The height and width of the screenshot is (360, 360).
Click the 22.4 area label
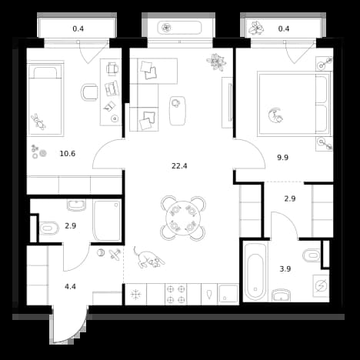pyautogui.click(x=179, y=166)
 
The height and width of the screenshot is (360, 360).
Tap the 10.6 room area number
pyautogui.click(x=68, y=154)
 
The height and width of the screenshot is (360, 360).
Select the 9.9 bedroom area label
pyautogui.click(x=282, y=158)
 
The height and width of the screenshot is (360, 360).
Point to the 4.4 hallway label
pyautogui.click(x=70, y=286)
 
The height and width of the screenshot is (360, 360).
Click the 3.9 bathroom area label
pyautogui.click(x=285, y=269)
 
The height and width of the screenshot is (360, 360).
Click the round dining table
pyautogui.click(x=182, y=218)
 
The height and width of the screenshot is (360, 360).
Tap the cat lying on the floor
pyautogui.click(x=148, y=258)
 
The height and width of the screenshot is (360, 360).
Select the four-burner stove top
pyautogui.click(x=176, y=294)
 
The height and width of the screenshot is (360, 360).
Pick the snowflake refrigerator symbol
pyautogui.click(x=135, y=295)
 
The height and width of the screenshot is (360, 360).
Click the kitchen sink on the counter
pyautogui.click(x=228, y=293)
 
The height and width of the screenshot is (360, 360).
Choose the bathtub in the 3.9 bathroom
pyautogui.click(x=255, y=272)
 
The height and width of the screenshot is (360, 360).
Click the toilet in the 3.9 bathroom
pyautogui.click(x=312, y=255)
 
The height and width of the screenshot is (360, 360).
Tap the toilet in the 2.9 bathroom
pyautogui.click(x=49, y=228)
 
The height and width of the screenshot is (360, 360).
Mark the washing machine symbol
pyautogui.click(x=321, y=285)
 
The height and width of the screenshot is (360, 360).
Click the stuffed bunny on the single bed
pyautogui.click(x=38, y=122)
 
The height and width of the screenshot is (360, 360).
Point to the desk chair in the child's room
pyautogui.click(x=89, y=92)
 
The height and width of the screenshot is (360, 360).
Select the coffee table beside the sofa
pyautogui.click(x=177, y=111)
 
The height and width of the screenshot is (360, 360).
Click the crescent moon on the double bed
pyautogui.click(x=275, y=115)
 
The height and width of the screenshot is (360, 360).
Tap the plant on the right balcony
pyautogui.click(x=255, y=28)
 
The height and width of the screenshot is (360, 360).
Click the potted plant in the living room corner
pyautogui.click(x=217, y=62)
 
